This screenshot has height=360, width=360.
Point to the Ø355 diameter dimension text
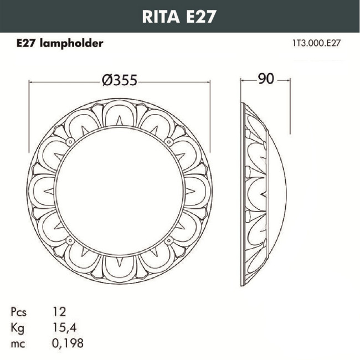[119, 80]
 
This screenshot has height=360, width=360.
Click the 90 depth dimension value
[266, 79]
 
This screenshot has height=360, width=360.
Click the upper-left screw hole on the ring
[71, 142]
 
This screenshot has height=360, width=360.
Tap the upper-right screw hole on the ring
[167, 142]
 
